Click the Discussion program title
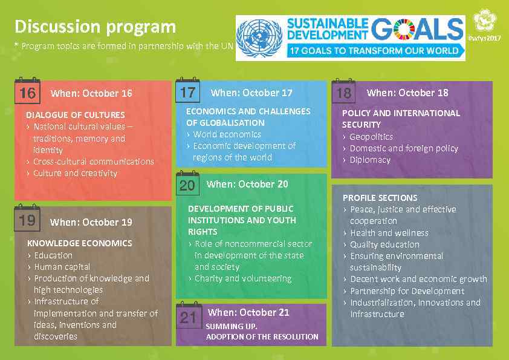[95, 27]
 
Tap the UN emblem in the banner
[259, 38]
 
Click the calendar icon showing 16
[27, 92]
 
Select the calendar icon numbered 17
[187, 91]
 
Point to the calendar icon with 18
[343, 92]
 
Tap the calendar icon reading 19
[27, 220]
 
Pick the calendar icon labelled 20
[187, 184]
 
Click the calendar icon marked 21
[188, 316]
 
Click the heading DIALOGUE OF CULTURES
[76, 115]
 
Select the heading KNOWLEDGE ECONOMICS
[79, 243]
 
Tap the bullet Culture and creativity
[75, 173]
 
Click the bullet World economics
[227, 134]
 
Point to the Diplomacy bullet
[370, 160]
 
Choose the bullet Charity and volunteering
[243, 278]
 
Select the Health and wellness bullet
[389, 232]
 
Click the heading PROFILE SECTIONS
[380, 197]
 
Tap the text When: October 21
[248, 312]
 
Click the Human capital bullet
[62, 266]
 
